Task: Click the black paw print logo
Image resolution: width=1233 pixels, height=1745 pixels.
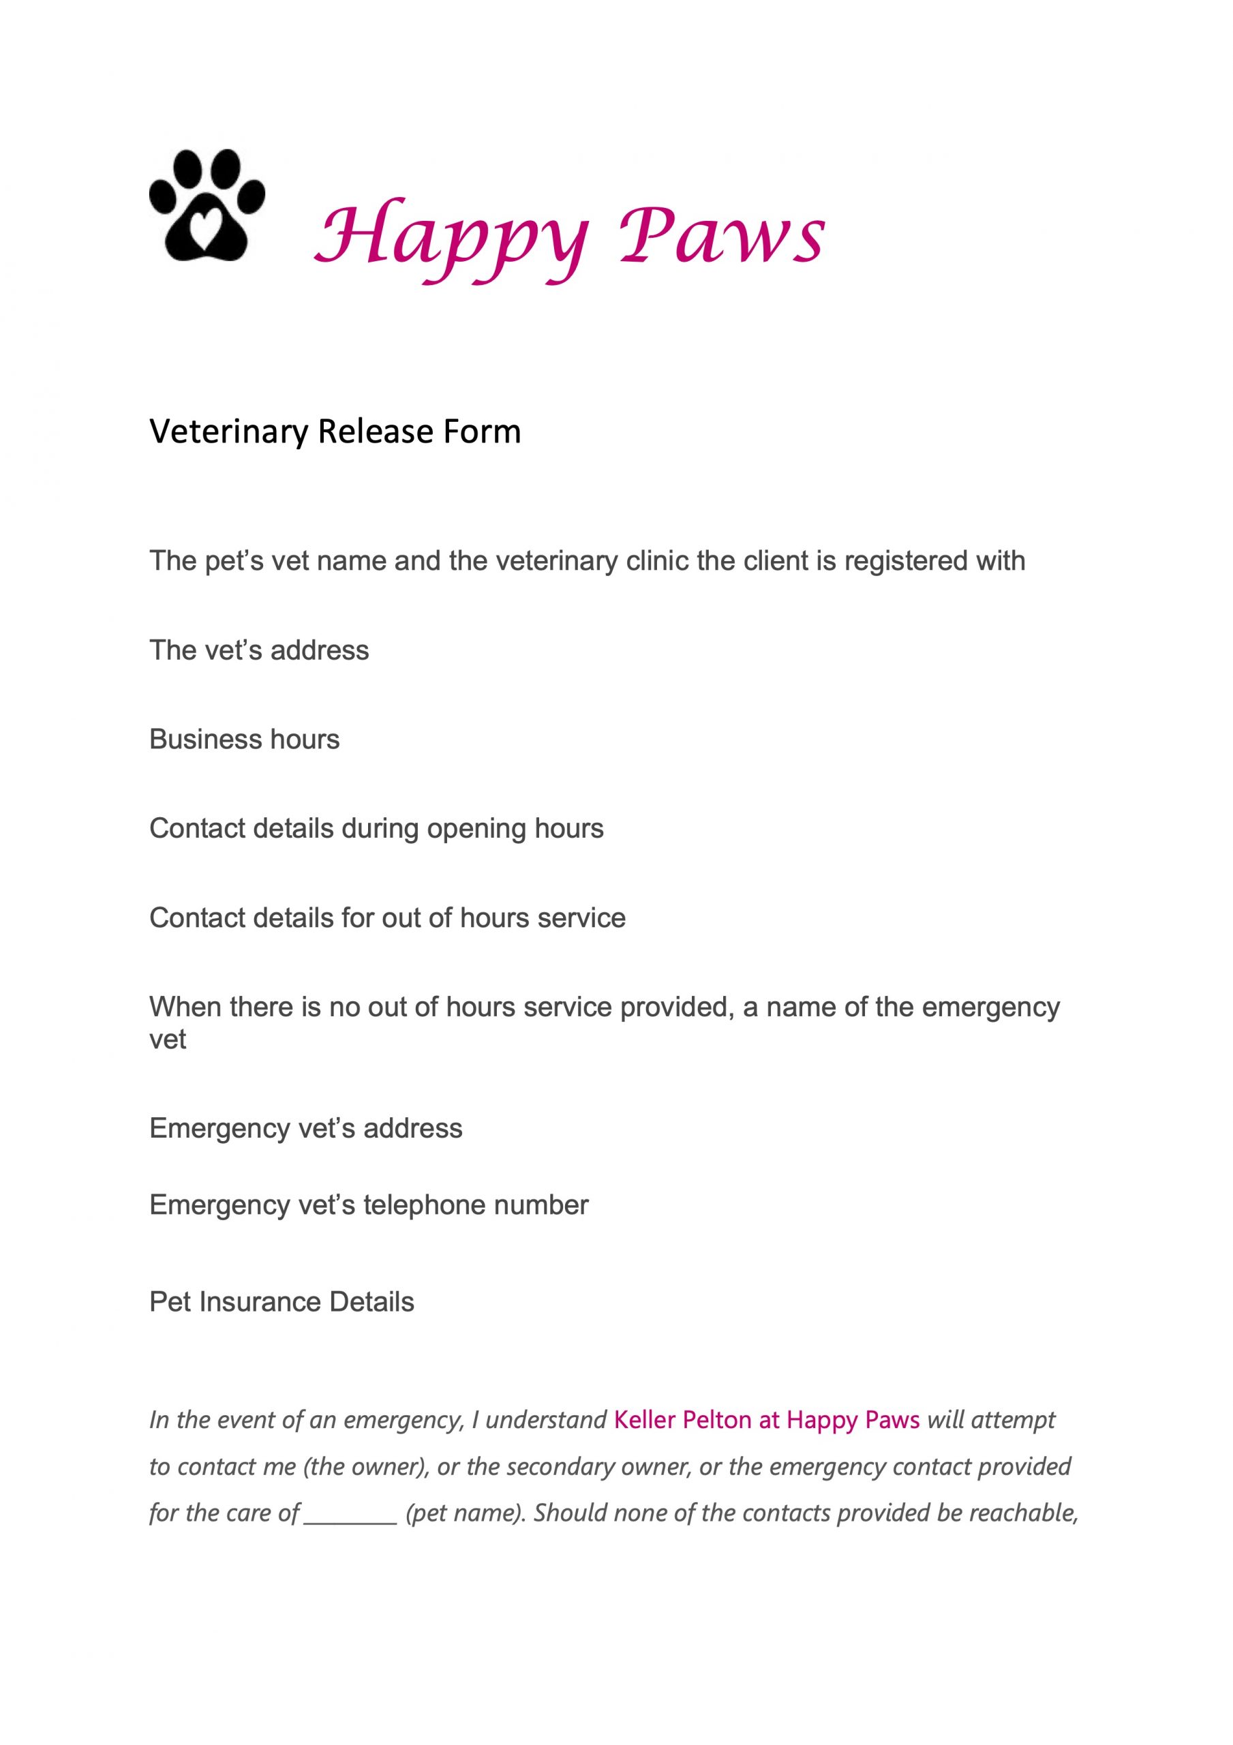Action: tap(207, 205)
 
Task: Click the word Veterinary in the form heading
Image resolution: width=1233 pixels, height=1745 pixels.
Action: tap(229, 431)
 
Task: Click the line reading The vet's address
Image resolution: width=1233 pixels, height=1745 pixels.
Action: tap(258, 650)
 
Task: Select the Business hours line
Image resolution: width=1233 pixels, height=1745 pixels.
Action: tap(244, 740)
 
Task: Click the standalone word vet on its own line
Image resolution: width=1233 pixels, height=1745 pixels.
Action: tap(167, 1039)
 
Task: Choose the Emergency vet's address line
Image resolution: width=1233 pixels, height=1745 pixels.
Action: tap(305, 1129)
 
